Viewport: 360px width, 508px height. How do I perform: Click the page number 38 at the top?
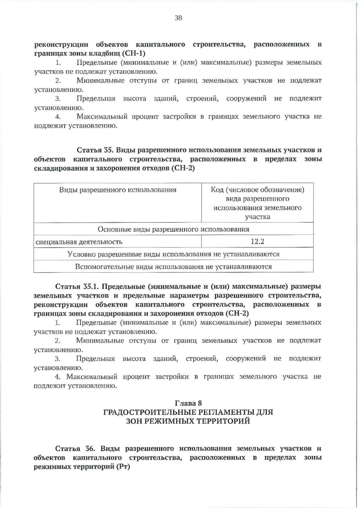(x=178, y=18)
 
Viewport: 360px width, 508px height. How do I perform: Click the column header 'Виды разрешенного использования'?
(x=118, y=190)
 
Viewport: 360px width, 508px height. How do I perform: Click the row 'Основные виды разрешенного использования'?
(x=173, y=229)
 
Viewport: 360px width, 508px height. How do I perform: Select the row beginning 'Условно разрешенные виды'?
(x=173, y=254)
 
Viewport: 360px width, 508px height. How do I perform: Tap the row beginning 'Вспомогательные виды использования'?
(x=173, y=267)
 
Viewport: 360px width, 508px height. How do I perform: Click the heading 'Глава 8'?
(x=188, y=403)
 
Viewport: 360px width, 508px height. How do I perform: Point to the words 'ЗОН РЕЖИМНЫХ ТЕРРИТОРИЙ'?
(x=188, y=421)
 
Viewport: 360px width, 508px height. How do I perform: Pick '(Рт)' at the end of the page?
(x=123, y=467)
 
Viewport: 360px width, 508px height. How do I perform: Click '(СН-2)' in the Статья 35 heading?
(x=183, y=168)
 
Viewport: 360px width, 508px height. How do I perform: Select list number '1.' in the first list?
(x=58, y=63)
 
